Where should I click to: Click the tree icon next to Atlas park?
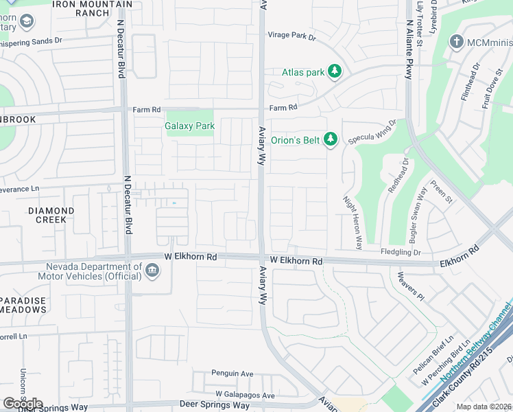pos(334,71)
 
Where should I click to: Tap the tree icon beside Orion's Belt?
pos(331,140)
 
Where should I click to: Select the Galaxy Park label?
pos(190,126)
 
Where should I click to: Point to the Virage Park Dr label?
pos(291,36)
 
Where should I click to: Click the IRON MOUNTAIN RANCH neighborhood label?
pos(93,9)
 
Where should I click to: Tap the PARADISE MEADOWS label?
pos(23,305)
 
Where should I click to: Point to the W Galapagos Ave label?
pos(245,395)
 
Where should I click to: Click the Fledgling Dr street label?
pos(401,252)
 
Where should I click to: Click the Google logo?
pos(23,404)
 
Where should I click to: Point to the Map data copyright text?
pos(484,407)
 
